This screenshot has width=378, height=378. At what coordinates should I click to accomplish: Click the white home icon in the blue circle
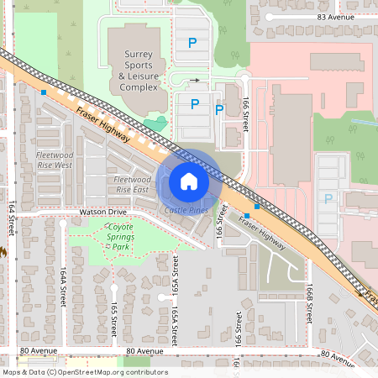[189, 181]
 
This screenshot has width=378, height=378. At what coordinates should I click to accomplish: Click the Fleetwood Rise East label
[131, 185]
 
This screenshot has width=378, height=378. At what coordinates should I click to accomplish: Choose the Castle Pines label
[186, 210]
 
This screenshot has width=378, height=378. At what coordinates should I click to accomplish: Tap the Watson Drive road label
[102, 213]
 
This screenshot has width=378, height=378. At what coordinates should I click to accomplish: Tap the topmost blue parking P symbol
[192, 42]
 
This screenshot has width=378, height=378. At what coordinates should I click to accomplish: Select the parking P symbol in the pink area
[328, 199]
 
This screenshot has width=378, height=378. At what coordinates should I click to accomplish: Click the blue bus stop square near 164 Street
[44, 92]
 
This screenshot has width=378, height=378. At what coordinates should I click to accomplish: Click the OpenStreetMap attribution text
[85, 372]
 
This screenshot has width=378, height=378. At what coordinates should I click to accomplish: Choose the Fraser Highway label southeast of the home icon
[261, 234]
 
